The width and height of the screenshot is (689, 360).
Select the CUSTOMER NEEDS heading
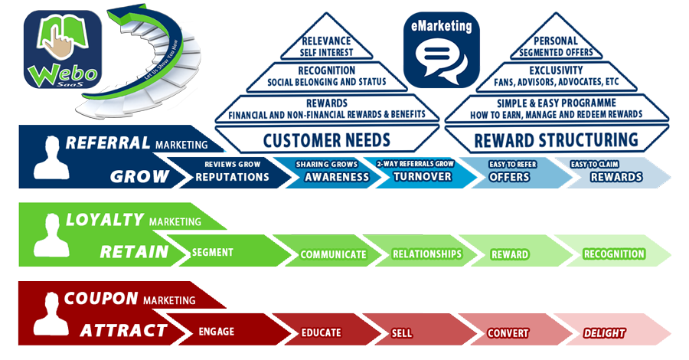pos(326,140)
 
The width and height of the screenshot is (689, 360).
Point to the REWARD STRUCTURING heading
pos(557,140)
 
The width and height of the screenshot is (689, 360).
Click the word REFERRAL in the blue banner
pos(108,143)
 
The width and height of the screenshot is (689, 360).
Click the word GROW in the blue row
pos(139,177)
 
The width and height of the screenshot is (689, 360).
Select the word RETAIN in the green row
pos(135,252)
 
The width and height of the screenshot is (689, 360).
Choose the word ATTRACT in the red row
pos(123,331)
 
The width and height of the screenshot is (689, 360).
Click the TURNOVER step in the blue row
pos(423,177)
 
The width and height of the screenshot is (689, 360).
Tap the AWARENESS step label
pos(337,177)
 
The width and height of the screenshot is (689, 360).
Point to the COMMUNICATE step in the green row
pos(333,254)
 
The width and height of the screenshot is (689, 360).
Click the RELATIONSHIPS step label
pos(427,254)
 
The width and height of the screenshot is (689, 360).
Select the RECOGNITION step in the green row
pos(614,254)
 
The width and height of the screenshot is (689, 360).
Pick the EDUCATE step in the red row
pos(321,333)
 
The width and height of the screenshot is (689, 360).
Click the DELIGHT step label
pos(604,333)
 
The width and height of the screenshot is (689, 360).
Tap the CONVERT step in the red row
pos(508,333)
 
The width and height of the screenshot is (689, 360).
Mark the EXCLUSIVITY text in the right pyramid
pos(557,70)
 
